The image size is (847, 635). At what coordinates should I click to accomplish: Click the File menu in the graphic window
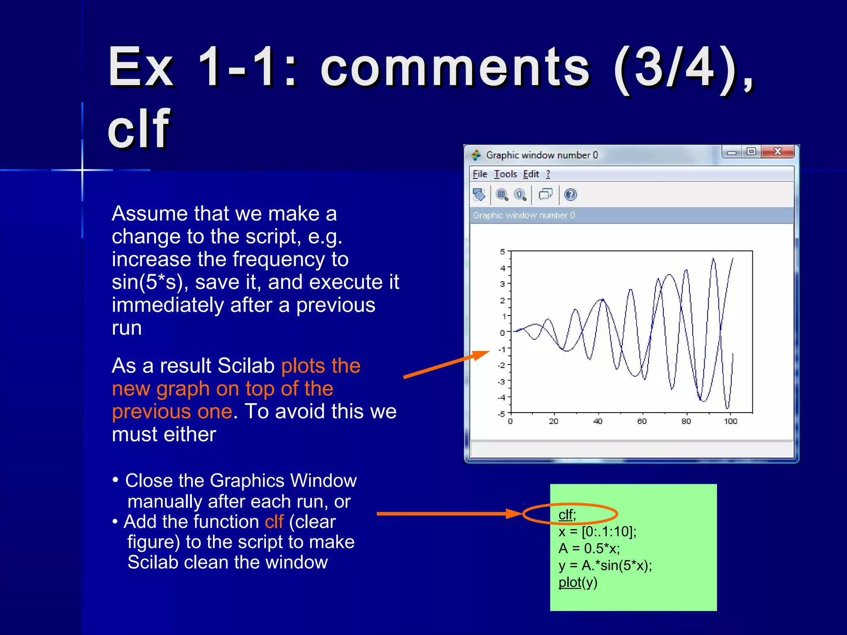(480, 174)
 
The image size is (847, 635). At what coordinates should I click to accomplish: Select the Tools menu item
(505, 174)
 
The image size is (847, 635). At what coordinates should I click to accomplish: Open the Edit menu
(531, 174)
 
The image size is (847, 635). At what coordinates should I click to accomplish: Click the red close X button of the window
(777, 151)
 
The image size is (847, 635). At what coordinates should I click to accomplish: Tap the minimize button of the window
(732, 152)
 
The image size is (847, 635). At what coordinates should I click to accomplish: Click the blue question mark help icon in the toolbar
(570, 194)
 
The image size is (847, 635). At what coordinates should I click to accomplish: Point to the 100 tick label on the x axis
(730, 421)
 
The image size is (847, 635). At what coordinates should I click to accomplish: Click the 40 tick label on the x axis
(598, 421)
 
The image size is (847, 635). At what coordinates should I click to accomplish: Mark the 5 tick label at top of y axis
(502, 251)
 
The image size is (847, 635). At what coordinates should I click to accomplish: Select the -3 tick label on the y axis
(501, 382)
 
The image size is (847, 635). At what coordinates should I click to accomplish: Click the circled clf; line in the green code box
(567, 515)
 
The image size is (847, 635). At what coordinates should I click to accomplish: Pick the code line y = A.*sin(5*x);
(605, 566)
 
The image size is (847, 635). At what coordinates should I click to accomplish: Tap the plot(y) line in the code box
(578, 582)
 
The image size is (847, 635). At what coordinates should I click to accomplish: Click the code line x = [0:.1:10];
(597, 532)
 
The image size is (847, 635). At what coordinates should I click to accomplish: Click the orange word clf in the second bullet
(274, 522)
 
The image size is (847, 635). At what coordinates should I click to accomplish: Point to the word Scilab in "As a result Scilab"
(246, 366)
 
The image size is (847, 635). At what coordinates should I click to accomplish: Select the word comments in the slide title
(455, 67)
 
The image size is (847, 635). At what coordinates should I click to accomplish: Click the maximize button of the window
(751, 151)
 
